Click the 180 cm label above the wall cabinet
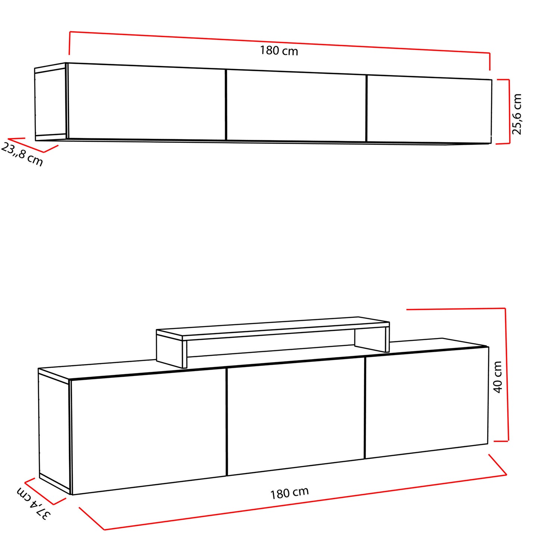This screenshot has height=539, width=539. pyautogui.click(x=279, y=51)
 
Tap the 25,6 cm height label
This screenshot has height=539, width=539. pyautogui.click(x=516, y=115)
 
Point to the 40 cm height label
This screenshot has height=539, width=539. pyautogui.click(x=498, y=377)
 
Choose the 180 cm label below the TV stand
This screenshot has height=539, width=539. pyautogui.click(x=289, y=493)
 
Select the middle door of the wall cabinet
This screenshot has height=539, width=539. pyautogui.click(x=296, y=106)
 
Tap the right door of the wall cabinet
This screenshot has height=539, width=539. pyautogui.click(x=429, y=110)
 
